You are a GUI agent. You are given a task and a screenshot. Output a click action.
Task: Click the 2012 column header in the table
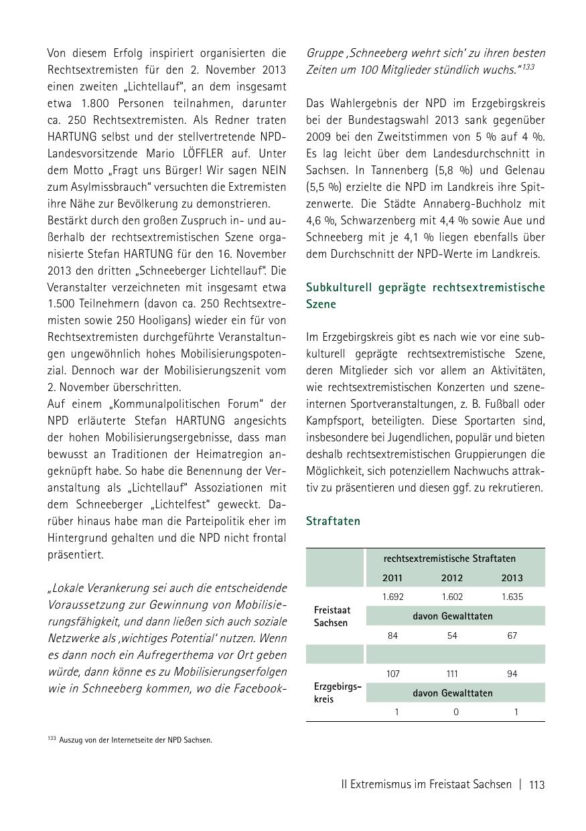(452, 578)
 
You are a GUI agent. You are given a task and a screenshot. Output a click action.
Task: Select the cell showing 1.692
(392, 597)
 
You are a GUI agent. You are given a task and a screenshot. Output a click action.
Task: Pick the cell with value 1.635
(512, 597)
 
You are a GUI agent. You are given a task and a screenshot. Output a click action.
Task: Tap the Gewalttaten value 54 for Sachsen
(452, 635)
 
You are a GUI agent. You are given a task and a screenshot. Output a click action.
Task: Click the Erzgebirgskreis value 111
(452, 674)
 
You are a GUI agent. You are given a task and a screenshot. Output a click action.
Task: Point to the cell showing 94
(512, 674)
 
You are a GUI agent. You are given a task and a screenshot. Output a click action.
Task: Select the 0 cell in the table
(456, 712)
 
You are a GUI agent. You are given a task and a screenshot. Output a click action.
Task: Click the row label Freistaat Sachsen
(332, 616)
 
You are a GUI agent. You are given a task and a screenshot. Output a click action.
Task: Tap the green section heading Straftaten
(333, 521)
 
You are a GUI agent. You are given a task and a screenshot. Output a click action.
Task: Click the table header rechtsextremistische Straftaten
(449, 558)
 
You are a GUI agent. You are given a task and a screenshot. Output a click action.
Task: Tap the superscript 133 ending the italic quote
(528, 67)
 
